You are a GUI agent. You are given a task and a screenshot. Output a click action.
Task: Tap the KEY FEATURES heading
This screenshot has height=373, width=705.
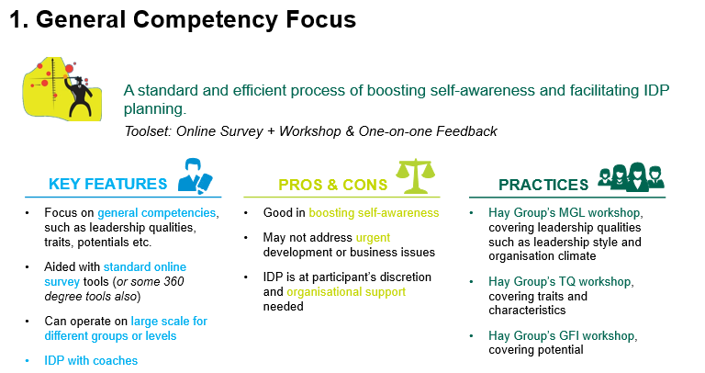[108, 184]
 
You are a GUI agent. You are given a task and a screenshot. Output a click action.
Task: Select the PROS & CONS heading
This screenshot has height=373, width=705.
[332, 185]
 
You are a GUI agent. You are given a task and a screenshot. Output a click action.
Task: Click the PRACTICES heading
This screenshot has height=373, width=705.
[543, 185]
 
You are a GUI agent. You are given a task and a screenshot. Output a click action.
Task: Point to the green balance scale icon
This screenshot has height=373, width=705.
[416, 175]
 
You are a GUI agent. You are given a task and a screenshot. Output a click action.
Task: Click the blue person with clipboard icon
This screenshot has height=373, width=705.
[196, 175]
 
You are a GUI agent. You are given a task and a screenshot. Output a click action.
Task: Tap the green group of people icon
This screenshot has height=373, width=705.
[631, 176]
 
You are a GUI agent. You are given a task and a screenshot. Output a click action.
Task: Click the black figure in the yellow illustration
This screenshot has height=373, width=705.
[80, 96]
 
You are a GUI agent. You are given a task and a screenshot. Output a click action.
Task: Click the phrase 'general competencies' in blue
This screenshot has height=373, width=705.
[156, 213]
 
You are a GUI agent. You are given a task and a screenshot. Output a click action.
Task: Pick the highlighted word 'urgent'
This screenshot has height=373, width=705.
[373, 238]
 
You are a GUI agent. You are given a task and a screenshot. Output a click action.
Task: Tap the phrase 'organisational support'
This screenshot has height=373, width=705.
[346, 292]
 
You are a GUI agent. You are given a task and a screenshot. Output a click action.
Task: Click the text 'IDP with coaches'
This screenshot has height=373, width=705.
[91, 361]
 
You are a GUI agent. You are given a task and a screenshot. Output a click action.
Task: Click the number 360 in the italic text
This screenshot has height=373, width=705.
[173, 282]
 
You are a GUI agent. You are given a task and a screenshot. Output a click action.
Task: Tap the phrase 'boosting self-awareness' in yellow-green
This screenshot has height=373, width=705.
[374, 213]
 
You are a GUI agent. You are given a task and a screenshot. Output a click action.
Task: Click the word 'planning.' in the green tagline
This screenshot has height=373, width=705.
[155, 109]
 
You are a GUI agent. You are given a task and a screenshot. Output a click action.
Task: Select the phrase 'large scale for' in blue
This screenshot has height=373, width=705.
[169, 322]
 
